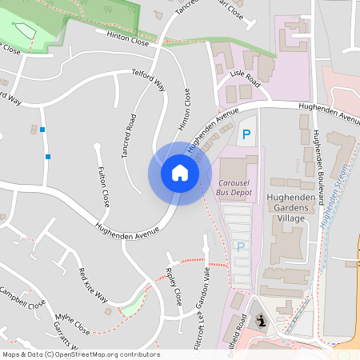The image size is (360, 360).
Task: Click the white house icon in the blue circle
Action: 179,173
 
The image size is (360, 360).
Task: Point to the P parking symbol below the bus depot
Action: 240,246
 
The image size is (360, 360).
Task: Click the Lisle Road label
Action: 245,79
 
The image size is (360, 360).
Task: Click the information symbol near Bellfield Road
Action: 262,321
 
